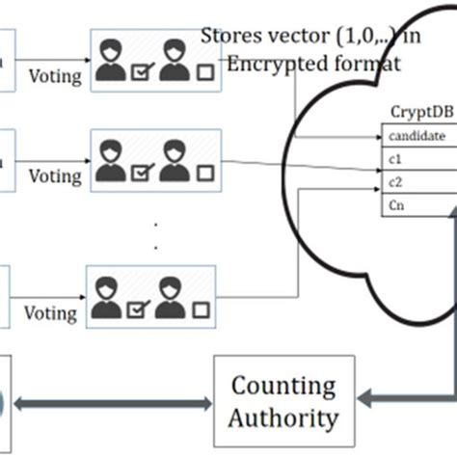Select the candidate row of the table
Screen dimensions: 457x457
417,136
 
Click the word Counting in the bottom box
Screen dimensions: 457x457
282,387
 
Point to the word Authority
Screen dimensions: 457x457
282,418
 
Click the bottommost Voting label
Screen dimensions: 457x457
49,313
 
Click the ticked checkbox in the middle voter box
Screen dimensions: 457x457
141,174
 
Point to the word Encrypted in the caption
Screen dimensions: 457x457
269,64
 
